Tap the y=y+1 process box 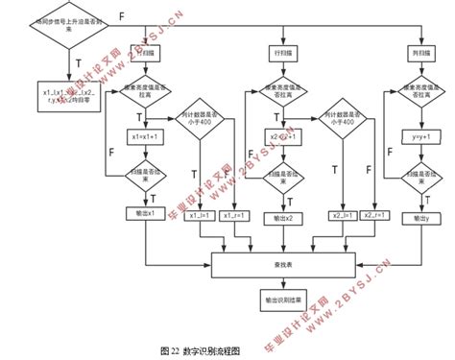tap(417, 137)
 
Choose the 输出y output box tap(417, 219)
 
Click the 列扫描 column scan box tap(417, 51)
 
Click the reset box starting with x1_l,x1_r tap(56, 94)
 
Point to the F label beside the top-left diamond tap(121, 15)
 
